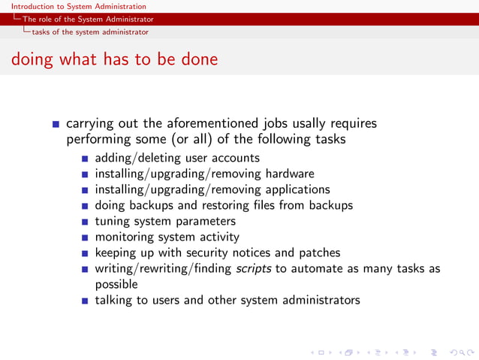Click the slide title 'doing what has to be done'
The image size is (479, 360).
[114, 59]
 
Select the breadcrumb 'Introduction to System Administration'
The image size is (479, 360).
[74, 6]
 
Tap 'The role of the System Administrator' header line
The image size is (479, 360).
[88, 19]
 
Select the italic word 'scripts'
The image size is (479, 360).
[251, 268]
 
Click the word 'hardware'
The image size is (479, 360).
[289, 174]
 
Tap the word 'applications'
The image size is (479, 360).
[297, 189]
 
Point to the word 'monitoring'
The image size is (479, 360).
[125, 237]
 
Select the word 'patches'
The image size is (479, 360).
[318, 253]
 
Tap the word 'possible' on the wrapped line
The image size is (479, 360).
[116, 284]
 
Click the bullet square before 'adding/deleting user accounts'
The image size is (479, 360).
[86, 159]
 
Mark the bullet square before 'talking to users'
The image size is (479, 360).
[86, 301]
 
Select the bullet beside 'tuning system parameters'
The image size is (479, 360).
[86, 222]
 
